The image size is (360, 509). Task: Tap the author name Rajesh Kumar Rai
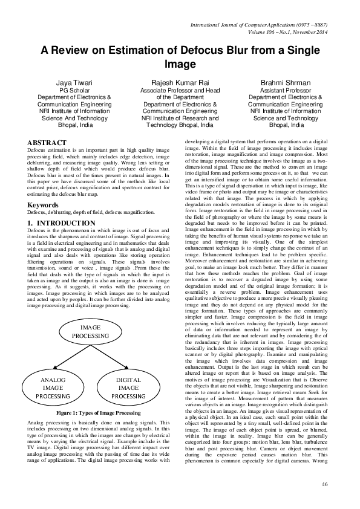(x=180, y=82)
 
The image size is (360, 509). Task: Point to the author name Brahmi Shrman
(x=285, y=82)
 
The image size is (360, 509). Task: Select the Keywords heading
(x=44, y=205)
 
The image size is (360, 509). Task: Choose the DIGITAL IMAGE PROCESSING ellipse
(x=128, y=387)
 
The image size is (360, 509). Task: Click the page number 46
(x=324, y=484)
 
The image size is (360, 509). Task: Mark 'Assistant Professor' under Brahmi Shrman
(x=285, y=90)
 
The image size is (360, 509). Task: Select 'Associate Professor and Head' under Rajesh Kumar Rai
(x=180, y=90)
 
